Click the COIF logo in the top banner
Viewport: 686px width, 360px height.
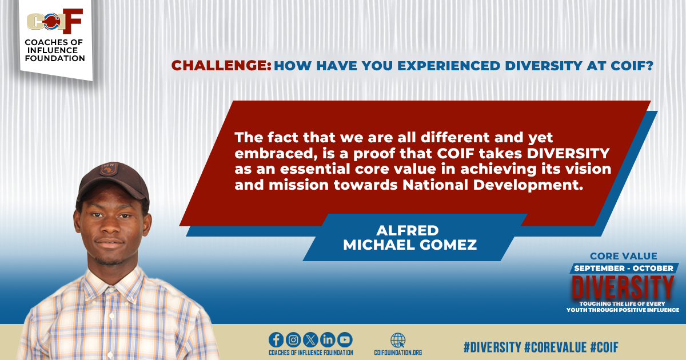pos(55,22)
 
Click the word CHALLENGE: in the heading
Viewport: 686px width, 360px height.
pos(221,66)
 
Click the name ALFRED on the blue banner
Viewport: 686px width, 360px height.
pos(407,230)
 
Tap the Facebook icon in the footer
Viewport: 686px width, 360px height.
pos(276,339)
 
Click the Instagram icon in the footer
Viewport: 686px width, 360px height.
pos(293,339)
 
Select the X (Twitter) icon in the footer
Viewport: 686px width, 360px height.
pos(310,339)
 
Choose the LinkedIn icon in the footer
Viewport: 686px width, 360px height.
pos(328,339)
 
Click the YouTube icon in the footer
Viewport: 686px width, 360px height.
pos(345,339)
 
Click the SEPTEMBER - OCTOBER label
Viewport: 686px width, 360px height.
pos(623,268)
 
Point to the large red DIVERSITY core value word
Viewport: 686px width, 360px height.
pos(623,285)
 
